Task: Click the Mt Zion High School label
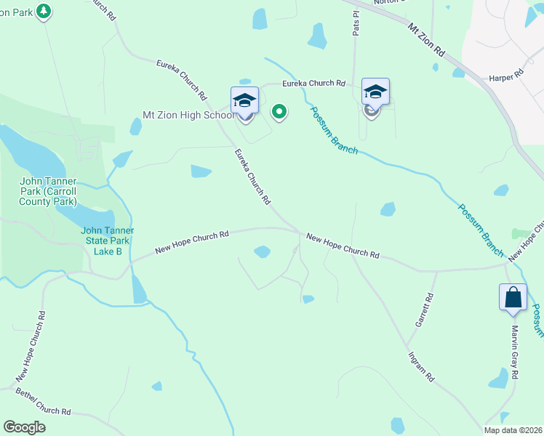pos(188,115)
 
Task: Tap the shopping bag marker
pos(513,297)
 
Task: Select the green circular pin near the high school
pos(279,111)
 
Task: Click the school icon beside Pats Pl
pos(375,92)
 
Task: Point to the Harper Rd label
pos(506,75)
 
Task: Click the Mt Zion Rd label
pos(426,41)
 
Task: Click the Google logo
pos(24,427)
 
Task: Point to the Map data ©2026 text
pos(513,430)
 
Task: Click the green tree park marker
pos(44,11)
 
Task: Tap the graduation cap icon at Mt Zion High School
pos(244,100)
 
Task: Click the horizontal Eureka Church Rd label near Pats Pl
pos(313,84)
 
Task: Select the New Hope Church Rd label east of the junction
pos(343,246)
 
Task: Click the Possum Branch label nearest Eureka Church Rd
pos(334,130)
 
